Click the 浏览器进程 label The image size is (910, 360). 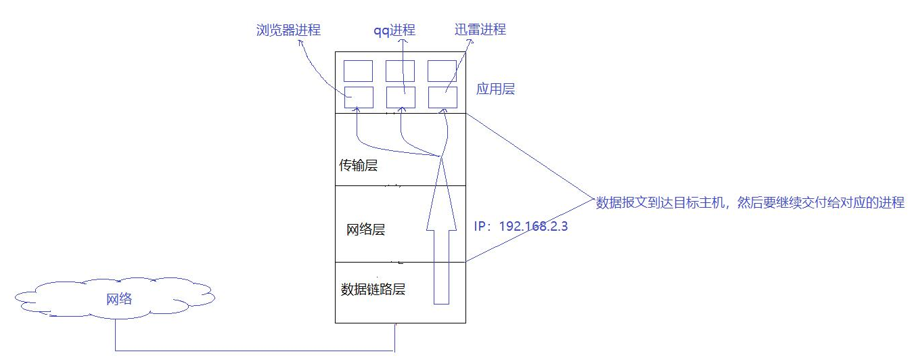click(288, 30)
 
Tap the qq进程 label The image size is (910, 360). click(394, 30)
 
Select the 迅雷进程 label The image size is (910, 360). click(480, 29)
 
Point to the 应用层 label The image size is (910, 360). click(495, 89)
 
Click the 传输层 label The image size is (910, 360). click(358, 166)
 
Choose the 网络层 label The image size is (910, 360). click(365, 229)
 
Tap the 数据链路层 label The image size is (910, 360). click(373, 290)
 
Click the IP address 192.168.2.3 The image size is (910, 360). click(521, 226)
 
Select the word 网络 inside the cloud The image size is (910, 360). click(119, 298)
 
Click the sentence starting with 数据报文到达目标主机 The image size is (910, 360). click(750, 202)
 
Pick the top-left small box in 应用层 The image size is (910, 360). click(358, 71)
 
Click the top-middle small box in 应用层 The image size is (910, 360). click(401, 71)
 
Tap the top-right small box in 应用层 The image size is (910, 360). click(442, 71)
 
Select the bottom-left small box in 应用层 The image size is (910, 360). click(358, 97)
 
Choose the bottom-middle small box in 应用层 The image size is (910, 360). click(401, 97)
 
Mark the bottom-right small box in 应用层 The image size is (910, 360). click(442, 97)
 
